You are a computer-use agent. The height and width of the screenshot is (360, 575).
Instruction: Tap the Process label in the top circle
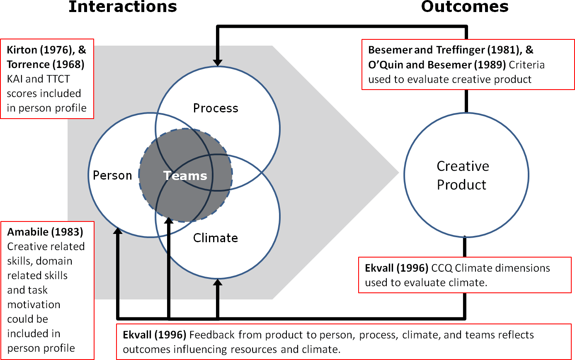(216, 108)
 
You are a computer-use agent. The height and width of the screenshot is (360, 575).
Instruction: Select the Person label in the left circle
(112, 175)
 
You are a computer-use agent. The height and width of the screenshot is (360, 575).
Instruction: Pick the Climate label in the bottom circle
(216, 238)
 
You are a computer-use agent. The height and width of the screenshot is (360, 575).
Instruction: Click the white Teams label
(185, 175)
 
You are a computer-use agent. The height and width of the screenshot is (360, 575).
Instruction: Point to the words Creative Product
(463, 175)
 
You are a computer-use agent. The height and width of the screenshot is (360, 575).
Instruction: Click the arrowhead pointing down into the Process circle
(217, 62)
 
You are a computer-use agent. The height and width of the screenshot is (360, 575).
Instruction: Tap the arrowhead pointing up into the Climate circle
(217, 282)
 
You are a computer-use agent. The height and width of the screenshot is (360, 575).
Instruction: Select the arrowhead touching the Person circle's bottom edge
(118, 231)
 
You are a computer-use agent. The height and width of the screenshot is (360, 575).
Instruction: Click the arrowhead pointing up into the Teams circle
(169, 221)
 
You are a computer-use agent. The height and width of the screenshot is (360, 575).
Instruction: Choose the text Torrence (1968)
(46, 64)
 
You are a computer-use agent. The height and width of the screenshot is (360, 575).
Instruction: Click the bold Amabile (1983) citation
(45, 232)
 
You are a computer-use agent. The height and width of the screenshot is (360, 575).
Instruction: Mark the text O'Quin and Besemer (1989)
(437, 65)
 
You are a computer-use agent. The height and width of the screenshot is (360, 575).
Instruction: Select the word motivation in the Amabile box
(34, 304)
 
